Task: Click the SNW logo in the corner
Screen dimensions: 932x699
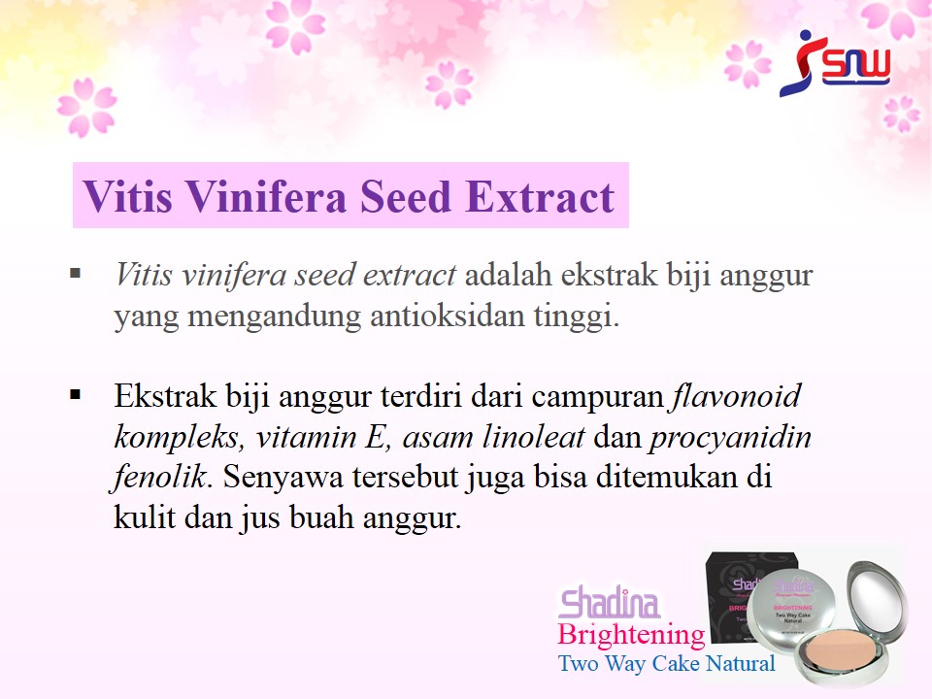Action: tap(835, 63)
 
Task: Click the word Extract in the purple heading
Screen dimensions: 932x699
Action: tap(540, 196)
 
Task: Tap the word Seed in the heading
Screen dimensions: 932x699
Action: tap(405, 196)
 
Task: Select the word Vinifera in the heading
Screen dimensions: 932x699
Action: tap(266, 196)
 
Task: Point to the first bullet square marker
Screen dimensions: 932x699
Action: tap(75, 274)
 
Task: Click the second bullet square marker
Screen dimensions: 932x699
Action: tap(75, 394)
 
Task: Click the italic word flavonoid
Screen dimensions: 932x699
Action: tap(736, 395)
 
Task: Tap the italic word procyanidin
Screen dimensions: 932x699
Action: tap(730, 438)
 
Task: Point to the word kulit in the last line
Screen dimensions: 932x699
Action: tap(145, 516)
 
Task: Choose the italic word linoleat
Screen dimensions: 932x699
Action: tap(534, 437)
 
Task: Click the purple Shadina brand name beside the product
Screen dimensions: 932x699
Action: tap(609, 602)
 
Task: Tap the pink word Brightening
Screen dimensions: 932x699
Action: tap(631, 635)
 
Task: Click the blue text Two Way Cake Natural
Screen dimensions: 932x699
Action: tap(666, 663)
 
